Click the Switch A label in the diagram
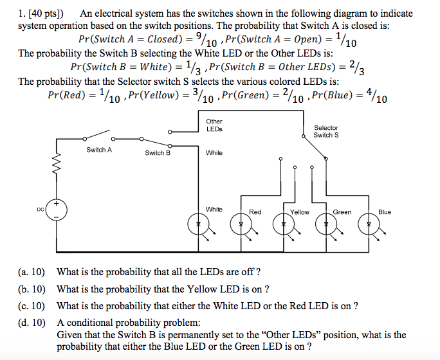coord(99,150)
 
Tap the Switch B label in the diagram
coord(158,153)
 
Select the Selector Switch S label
coord(326,132)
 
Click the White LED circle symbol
coord(198,224)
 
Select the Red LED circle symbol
coord(240,224)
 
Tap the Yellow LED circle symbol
coord(282,224)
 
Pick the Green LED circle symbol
coord(326,224)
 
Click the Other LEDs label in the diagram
coord(214,125)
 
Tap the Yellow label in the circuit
coord(300,212)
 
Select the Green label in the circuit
coord(342,212)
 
